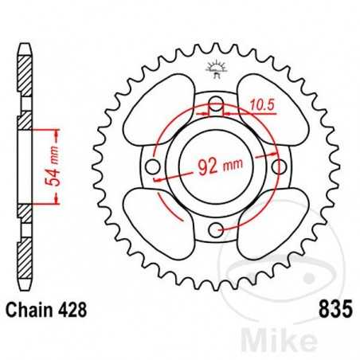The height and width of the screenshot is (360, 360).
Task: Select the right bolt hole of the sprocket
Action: pyautogui.click(x=280, y=167)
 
